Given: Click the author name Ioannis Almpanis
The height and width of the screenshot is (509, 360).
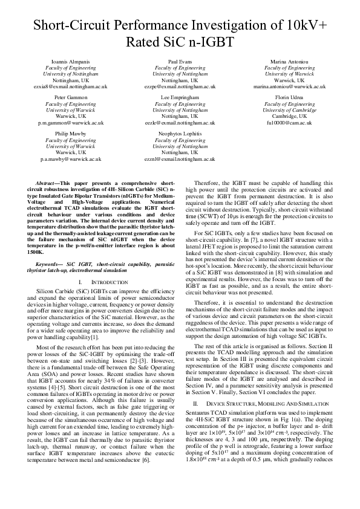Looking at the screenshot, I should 74,62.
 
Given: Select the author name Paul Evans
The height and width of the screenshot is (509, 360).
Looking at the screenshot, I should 180,62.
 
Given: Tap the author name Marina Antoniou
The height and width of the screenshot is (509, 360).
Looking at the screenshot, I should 288,62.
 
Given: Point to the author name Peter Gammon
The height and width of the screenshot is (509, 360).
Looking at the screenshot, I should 74,97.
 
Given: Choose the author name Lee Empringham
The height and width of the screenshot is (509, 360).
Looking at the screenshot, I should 180,97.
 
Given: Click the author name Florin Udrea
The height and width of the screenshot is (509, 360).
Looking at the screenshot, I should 288,97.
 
